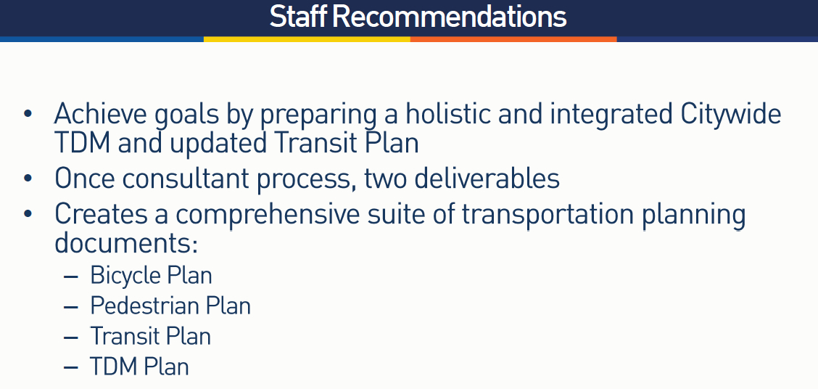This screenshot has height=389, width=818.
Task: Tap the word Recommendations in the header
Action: (449, 17)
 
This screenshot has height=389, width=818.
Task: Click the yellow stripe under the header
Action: (307, 39)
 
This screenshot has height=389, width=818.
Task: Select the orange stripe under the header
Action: (513, 39)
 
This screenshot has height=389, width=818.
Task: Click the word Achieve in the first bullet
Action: (100, 114)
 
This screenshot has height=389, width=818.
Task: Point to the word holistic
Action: (448, 113)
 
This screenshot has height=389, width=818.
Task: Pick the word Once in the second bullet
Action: (85, 179)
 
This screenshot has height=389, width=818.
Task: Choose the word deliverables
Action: (487, 178)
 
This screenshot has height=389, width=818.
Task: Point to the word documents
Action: (126, 243)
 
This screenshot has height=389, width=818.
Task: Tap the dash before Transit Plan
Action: (70, 337)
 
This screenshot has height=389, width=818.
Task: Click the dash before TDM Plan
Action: (70, 368)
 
